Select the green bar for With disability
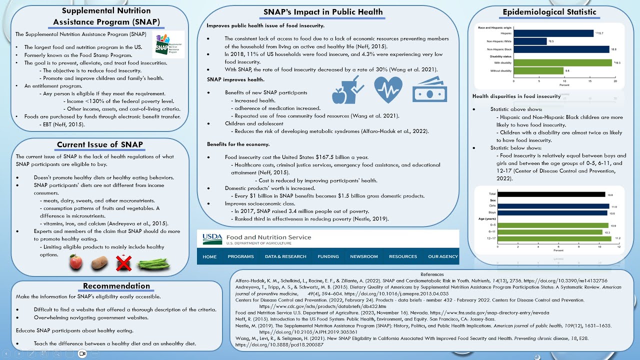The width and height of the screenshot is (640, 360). [562, 62]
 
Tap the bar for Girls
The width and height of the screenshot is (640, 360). [561, 206]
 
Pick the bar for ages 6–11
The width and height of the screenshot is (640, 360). [558, 232]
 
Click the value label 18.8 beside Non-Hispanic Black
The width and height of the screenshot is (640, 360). [613, 49]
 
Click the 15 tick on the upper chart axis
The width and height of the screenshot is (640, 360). [590, 80]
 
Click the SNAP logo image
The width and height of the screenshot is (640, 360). [168, 45]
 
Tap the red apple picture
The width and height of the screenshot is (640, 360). [76, 262]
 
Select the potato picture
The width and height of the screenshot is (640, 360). [99, 262]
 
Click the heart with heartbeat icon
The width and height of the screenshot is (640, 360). [388, 90]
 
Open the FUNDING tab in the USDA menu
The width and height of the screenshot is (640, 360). [328, 256]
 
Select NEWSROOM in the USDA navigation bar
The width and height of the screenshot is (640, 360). [363, 256]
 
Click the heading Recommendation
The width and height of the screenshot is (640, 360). [116, 286]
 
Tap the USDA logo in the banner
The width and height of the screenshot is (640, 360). [212, 239]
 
